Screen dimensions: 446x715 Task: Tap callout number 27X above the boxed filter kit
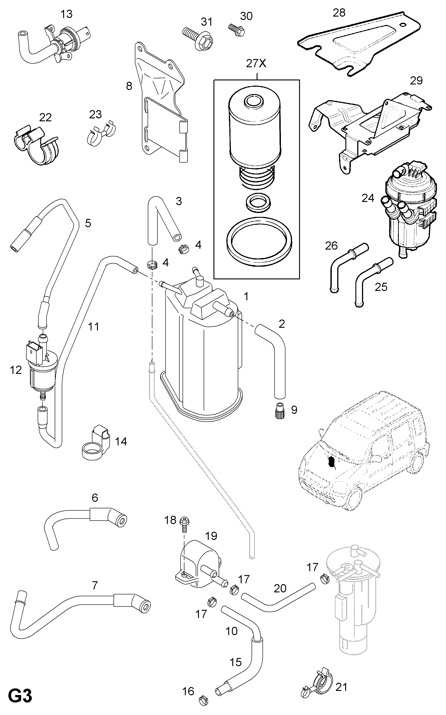[x=256, y=63]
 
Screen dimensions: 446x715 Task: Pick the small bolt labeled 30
[x=237, y=30]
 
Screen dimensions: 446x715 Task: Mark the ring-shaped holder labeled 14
[x=95, y=442]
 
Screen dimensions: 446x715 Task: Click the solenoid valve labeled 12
[x=41, y=365]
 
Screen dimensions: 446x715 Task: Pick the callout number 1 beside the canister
[x=246, y=296]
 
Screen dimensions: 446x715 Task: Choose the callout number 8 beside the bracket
[x=129, y=86]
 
